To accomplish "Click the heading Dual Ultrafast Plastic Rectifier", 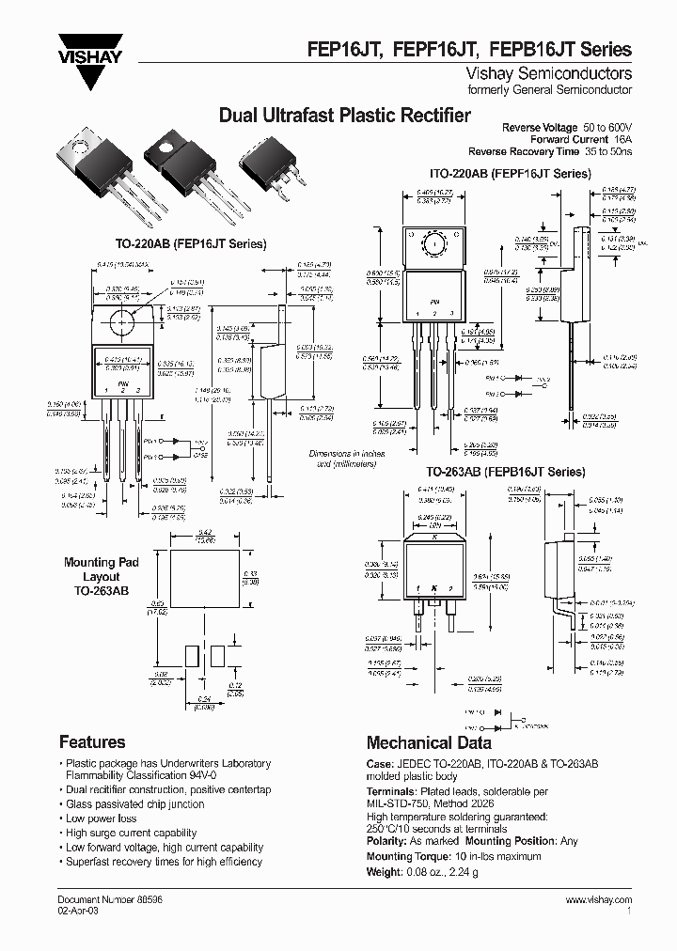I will pyautogui.click(x=344, y=116).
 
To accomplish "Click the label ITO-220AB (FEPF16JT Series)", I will pyautogui.click(x=510, y=174).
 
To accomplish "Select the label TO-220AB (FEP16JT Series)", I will pyautogui.click(x=195, y=243).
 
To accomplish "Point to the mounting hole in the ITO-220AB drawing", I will pyautogui.click(x=434, y=245).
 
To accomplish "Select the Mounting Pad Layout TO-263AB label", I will pyautogui.click(x=101, y=577).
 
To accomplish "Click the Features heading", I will pyautogui.click(x=92, y=742).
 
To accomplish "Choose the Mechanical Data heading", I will pyautogui.click(x=429, y=742).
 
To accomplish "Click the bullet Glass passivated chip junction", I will pyautogui.click(x=134, y=804).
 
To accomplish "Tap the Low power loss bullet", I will pyautogui.click(x=101, y=818).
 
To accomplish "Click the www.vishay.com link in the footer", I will pyautogui.click(x=599, y=899).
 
